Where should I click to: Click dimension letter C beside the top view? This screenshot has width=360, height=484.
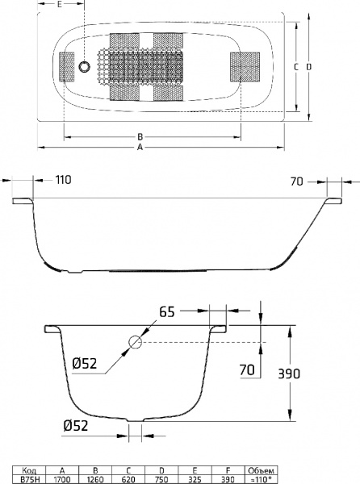click(x=296, y=65)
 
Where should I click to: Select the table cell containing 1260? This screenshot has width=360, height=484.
click(x=96, y=478)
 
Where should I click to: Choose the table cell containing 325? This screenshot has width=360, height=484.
click(x=197, y=478)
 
